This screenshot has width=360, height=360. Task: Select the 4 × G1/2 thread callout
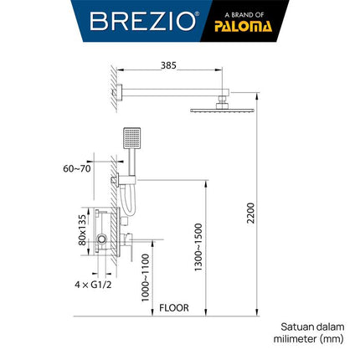pos(89,285)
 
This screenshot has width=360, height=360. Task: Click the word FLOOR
pos(173,307)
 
